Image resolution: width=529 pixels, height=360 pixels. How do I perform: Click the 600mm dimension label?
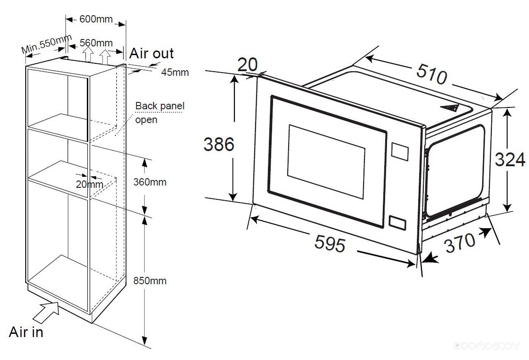[x=96, y=19]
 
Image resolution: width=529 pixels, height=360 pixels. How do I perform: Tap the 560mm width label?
[x=96, y=43]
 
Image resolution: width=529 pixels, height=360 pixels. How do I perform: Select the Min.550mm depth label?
[x=46, y=44]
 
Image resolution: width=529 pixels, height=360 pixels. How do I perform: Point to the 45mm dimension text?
[x=175, y=72]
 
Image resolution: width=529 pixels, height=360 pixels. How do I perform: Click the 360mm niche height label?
[x=150, y=182]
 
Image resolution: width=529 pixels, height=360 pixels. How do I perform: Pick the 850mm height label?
[x=150, y=281]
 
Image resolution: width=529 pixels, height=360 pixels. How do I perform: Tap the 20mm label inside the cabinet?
[x=90, y=184]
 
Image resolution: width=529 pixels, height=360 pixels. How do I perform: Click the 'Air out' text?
[x=151, y=53]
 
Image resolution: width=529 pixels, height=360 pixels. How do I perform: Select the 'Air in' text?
[x=26, y=332]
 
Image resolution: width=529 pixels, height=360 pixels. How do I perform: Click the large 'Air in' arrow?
[x=46, y=312]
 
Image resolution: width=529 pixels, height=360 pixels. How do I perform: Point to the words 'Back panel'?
[x=160, y=106]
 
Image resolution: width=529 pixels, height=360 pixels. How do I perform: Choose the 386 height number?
[x=219, y=144]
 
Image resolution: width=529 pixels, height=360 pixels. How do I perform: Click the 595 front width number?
[x=330, y=243]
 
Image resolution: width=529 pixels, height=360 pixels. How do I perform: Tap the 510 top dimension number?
[x=432, y=74]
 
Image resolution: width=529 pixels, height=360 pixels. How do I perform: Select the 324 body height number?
[x=510, y=159]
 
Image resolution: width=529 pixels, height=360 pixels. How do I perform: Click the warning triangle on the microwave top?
[x=449, y=108]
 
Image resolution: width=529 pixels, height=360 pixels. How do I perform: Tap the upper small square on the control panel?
[x=400, y=152]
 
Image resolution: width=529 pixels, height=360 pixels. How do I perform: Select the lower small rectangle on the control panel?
[x=397, y=223]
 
